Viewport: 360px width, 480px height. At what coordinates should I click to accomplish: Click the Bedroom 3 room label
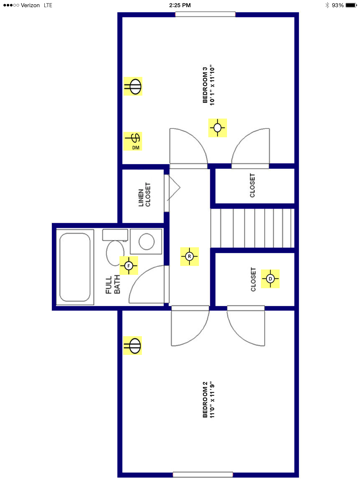(209, 85)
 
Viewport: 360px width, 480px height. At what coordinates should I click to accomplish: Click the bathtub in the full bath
(75, 264)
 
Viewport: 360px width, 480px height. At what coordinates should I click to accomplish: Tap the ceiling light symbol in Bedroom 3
(217, 127)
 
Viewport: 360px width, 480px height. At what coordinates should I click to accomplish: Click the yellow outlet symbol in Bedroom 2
(133, 346)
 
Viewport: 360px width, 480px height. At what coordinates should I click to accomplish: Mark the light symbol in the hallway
(188, 256)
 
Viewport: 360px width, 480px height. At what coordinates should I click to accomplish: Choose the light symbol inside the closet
(270, 277)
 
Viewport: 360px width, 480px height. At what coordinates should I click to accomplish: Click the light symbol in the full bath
(128, 265)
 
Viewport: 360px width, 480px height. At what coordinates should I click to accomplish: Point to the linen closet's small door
(171, 187)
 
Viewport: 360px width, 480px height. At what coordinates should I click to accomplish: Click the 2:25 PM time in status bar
(180, 5)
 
